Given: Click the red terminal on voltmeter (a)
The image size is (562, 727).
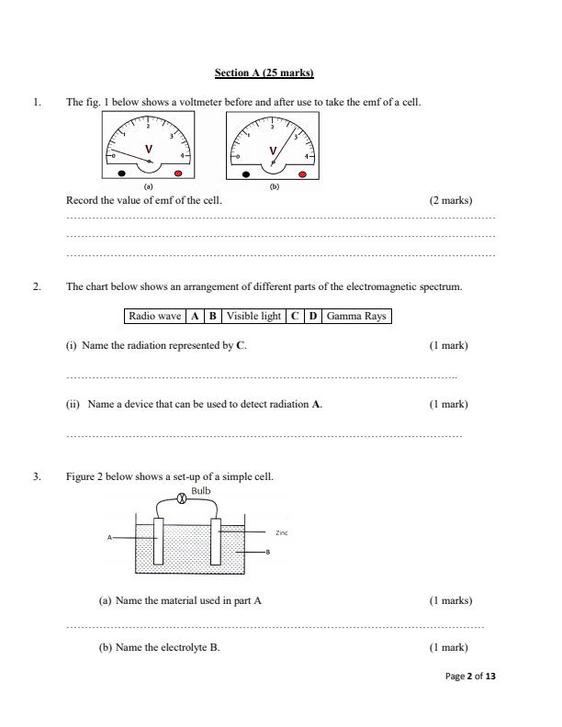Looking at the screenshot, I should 178,173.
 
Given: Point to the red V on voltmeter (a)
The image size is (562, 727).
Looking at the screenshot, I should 148,149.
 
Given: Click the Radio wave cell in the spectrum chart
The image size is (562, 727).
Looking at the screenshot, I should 154,317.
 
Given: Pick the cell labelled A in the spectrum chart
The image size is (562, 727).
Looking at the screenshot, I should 194,317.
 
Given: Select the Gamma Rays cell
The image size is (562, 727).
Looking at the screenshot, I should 355,317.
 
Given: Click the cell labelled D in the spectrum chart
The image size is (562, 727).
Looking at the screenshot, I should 312,317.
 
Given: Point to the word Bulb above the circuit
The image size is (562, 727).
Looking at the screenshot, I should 200,491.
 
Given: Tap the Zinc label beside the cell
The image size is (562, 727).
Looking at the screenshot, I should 281,532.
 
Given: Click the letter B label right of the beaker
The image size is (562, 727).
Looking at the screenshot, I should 267,552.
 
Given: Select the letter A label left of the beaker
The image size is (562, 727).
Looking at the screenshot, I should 109,537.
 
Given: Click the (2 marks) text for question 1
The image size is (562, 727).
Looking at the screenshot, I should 450,199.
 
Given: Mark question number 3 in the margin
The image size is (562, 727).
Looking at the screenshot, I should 37,476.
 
